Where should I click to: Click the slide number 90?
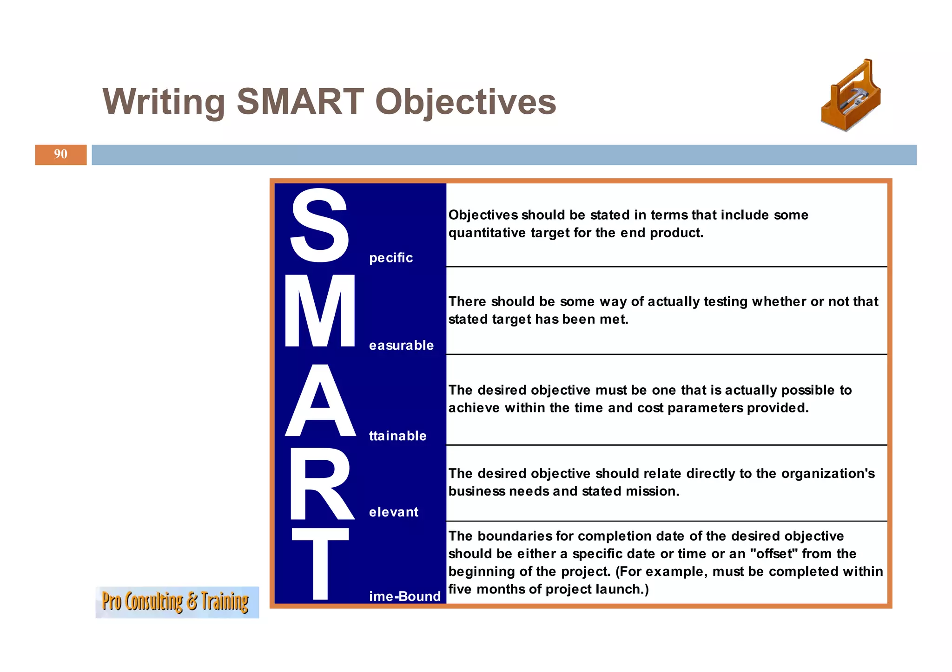pos(60,154)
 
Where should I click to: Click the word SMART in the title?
pos(300,102)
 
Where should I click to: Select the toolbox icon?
pos(850,97)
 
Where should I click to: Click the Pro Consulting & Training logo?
pos(177,602)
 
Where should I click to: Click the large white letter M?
pos(320,311)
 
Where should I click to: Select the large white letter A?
pos(320,401)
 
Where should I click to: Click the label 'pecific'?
pos(391,258)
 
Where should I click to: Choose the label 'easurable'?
pos(401,346)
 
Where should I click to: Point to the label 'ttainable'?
pos(397,436)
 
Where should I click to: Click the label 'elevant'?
pos(394,512)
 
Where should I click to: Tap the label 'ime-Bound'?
pos(404,596)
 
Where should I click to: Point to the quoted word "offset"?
pos(773,554)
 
